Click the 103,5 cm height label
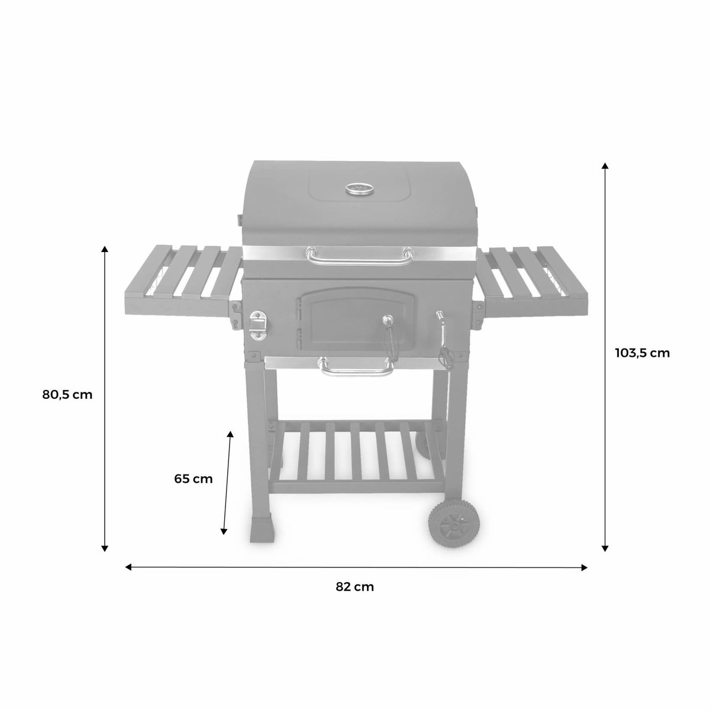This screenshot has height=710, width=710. (x=642, y=353)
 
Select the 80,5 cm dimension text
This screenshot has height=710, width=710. (x=67, y=395)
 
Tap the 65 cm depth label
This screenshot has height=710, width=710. (x=193, y=479)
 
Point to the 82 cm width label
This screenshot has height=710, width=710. (x=355, y=587)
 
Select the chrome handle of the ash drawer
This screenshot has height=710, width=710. (x=356, y=367)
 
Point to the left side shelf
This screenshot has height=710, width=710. (x=181, y=278)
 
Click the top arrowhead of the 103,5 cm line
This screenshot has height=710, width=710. (x=605, y=166)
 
